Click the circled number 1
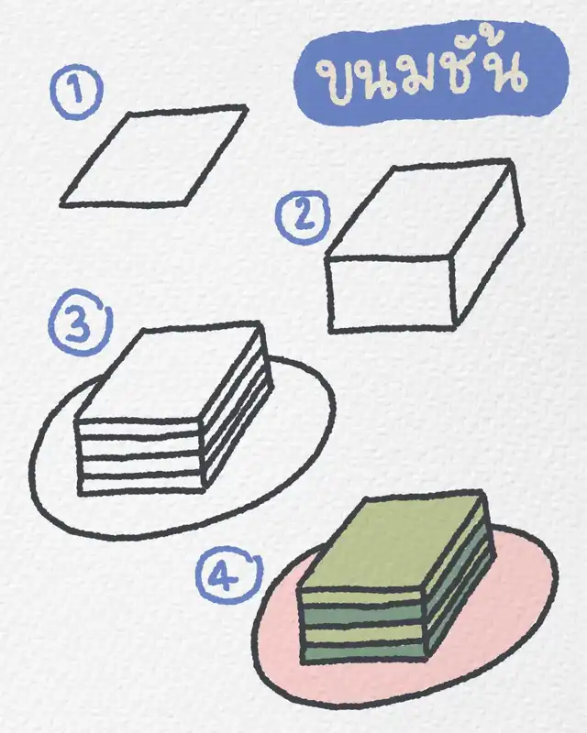click(x=76, y=92)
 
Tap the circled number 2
click(x=304, y=217)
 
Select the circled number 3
click(x=79, y=323)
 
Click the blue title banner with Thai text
click(x=431, y=74)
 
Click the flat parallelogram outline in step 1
click(x=154, y=156)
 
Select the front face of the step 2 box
click(x=391, y=294)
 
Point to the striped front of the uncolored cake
click(x=140, y=456)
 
